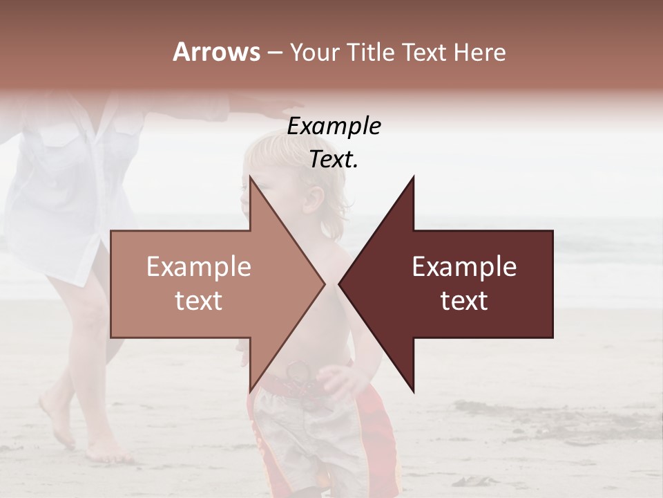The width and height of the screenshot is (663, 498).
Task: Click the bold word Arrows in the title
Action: [216, 52]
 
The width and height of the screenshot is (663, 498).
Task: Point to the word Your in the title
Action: [314, 52]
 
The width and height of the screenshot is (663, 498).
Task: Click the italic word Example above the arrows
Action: [334, 126]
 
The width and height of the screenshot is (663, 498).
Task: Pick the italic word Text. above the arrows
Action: [334, 159]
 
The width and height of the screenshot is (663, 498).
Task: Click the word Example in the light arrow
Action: [198, 267]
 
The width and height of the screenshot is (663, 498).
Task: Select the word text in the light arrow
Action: [198, 300]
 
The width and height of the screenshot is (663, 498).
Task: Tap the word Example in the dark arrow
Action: [464, 267]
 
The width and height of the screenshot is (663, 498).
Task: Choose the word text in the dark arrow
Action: [464, 300]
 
